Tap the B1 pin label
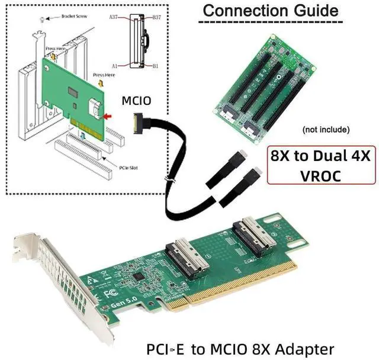coord(156,65)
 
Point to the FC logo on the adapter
coord(107,293)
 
